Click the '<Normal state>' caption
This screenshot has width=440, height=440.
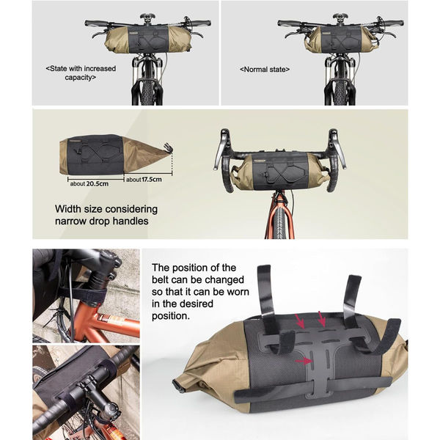[x=265, y=70]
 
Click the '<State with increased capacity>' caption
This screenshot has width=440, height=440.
[x=81, y=73]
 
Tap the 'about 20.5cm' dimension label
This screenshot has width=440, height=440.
[x=89, y=184]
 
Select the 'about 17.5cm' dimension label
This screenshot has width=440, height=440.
[x=144, y=180]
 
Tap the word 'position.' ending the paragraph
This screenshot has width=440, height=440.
[x=171, y=316]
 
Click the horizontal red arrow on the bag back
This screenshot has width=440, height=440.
[x=304, y=362]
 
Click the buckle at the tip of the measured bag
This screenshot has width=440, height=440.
[x=168, y=147]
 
